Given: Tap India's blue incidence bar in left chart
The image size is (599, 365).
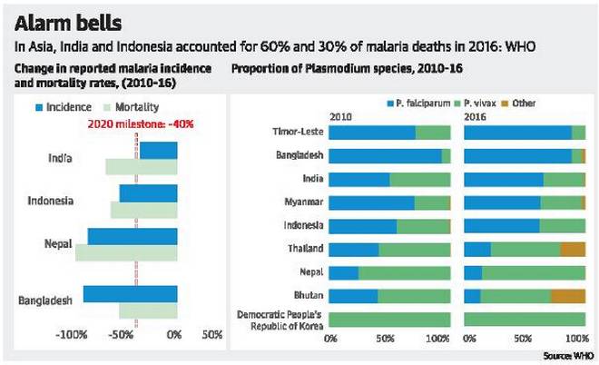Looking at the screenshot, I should click(158, 151).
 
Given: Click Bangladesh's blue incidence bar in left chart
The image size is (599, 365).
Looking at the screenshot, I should click(130, 293).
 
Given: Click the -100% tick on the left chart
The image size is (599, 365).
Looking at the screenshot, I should click(71, 334).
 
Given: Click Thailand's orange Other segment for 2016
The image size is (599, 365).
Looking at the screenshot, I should click(572, 249).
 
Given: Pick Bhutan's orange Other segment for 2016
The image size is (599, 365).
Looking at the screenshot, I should click(568, 295).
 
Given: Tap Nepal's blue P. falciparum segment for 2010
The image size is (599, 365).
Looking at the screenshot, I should click(344, 272).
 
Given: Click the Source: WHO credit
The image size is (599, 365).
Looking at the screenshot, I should click(570, 355).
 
